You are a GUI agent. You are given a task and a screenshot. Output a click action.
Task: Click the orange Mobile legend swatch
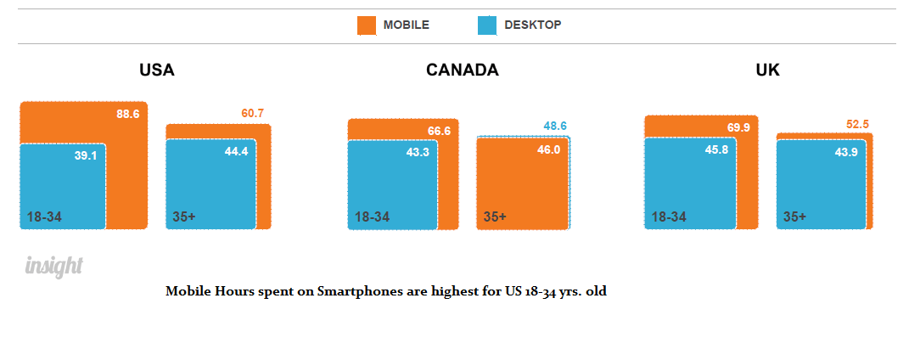(367, 25)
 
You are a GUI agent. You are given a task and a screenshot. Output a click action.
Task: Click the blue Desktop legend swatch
(487, 25)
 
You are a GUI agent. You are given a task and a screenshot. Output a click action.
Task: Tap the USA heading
(157, 70)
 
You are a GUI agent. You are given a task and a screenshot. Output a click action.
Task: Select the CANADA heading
(463, 70)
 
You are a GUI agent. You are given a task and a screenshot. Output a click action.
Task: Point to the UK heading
(767, 70)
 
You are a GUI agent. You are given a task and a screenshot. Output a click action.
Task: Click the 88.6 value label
(128, 113)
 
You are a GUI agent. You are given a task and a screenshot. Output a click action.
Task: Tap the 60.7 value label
(254, 113)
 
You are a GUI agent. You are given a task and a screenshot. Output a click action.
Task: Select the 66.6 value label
(439, 131)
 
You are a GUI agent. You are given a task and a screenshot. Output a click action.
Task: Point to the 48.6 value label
(555, 126)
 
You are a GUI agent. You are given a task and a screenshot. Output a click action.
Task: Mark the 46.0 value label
(549, 149)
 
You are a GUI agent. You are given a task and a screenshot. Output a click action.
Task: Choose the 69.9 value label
(738, 127)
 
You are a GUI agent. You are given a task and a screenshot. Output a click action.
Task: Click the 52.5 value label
(858, 124)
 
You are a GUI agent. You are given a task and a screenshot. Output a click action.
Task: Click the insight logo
(53, 267)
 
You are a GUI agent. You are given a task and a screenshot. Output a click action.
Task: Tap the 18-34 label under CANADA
(372, 217)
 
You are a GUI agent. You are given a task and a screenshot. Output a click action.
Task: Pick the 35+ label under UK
(795, 217)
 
